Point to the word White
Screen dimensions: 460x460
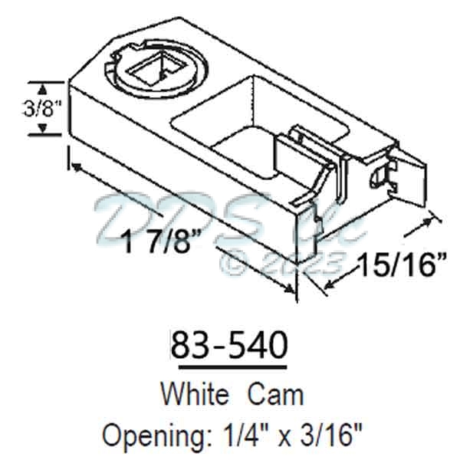(x=194, y=394)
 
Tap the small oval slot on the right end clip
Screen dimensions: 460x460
(x=376, y=176)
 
